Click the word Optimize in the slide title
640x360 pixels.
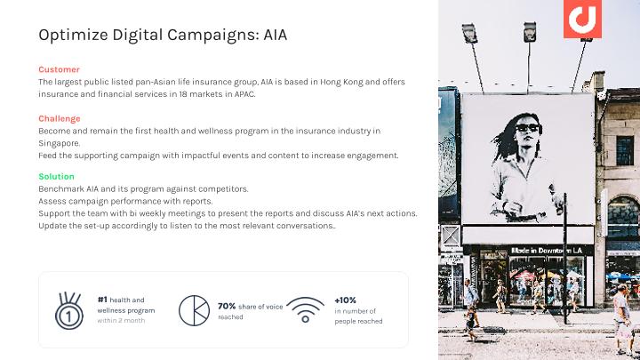74,35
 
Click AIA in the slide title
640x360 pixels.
275,35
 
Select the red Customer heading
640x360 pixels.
60,69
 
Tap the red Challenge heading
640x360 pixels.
60,119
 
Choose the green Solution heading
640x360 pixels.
56,176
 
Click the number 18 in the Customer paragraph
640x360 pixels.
183,94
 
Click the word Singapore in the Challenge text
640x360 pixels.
59,143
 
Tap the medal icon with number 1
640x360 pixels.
69,310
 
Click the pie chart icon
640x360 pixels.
195,310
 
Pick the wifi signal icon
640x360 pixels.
305,310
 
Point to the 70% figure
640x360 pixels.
227,306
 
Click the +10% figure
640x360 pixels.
345,300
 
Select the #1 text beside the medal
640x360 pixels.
102,300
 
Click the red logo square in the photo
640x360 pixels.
582,19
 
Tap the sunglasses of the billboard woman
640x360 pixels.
528,128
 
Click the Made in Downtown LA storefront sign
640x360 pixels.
547,250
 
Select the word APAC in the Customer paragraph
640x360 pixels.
245,94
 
